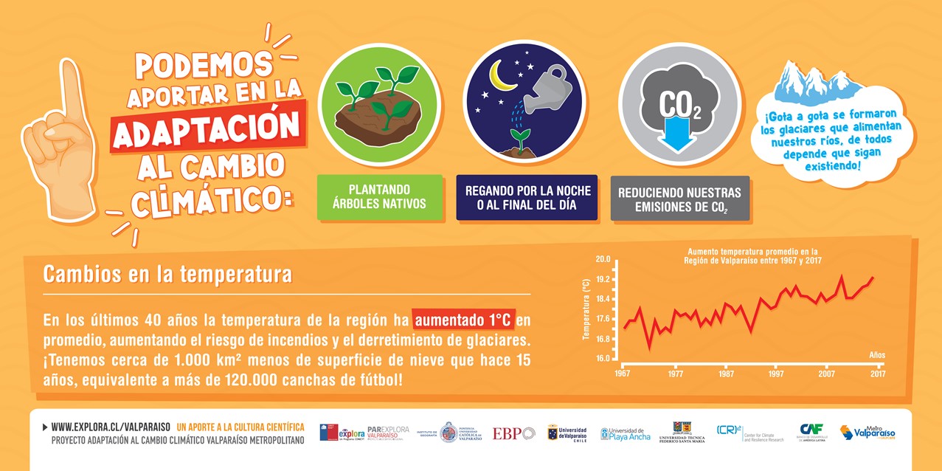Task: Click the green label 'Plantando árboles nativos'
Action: [380, 197]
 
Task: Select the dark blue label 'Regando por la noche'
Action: [526, 197]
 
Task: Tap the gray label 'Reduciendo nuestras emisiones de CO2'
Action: [679, 199]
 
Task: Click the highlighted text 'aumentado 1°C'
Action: [463, 320]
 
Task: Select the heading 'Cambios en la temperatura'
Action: [167, 275]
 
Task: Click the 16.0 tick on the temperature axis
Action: [603, 359]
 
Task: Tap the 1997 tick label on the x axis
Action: [776, 374]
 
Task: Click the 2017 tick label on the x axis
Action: [877, 374]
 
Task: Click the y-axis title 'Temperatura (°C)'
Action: [586, 309]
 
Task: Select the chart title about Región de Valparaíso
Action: [752, 256]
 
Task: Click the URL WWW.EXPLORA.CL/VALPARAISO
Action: [111, 427]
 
